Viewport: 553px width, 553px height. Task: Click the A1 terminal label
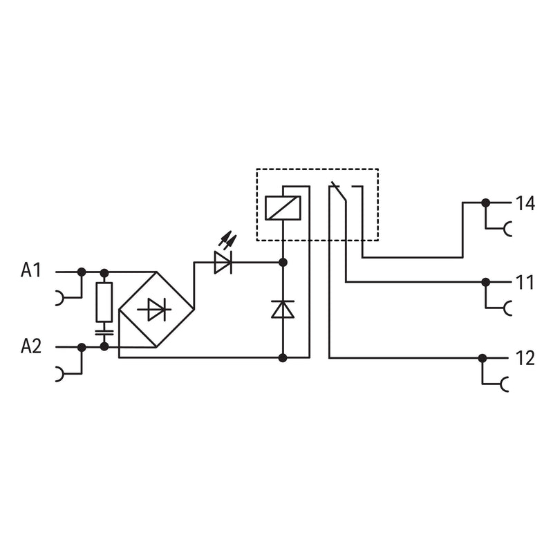click(31, 270)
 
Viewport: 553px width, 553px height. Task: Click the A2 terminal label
click(31, 346)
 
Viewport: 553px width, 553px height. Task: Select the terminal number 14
click(525, 203)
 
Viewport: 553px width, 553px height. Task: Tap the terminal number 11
click(525, 283)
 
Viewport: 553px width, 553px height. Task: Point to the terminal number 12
click(525, 358)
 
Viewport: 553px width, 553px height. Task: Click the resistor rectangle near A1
click(104, 302)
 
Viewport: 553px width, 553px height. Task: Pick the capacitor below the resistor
click(104, 332)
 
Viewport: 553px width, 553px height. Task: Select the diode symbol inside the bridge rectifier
click(155, 310)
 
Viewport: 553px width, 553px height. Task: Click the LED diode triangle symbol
click(223, 263)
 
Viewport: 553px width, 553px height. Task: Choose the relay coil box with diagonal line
click(283, 208)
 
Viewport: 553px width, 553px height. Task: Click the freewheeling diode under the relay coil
click(283, 309)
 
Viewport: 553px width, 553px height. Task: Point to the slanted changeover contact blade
click(338, 192)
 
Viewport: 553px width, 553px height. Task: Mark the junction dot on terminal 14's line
click(486, 203)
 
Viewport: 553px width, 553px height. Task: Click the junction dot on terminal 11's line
click(486, 282)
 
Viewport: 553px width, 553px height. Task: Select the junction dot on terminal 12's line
click(482, 358)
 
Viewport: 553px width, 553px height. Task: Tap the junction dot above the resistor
click(104, 272)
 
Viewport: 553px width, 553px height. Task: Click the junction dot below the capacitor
click(104, 347)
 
